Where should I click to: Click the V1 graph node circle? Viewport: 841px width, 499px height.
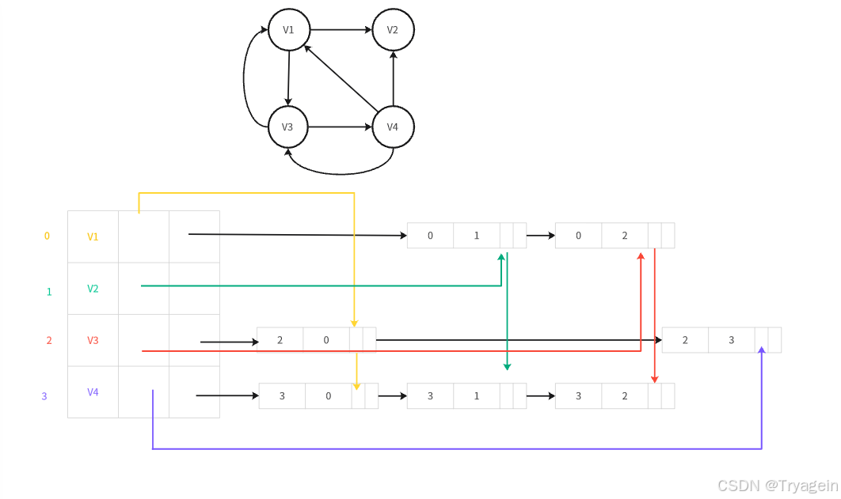[289, 30]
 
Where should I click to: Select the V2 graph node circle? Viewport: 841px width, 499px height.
[393, 30]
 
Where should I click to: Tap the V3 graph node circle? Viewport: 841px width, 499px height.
[287, 127]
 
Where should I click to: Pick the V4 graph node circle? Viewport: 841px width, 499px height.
[393, 127]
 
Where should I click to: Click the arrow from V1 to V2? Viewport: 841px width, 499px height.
[341, 30]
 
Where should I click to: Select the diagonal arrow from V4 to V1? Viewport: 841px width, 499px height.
[341, 78]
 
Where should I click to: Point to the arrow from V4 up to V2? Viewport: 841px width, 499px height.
[393, 78]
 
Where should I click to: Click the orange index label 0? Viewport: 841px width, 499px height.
[47, 236]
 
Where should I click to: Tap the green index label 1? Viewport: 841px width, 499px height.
[49, 292]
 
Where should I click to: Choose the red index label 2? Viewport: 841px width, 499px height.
[49, 341]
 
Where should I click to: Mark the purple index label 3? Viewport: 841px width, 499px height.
[44, 396]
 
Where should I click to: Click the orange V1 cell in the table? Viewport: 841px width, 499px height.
[93, 236]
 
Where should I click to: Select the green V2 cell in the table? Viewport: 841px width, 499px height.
[93, 289]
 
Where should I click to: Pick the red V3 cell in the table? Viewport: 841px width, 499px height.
[93, 341]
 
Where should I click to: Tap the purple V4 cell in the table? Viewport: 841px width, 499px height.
[93, 392]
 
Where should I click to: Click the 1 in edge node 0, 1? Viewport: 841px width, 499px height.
[477, 236]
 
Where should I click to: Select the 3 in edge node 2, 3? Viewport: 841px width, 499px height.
[731, 340]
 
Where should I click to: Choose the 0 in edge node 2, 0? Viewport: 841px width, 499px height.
[326, 340]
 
